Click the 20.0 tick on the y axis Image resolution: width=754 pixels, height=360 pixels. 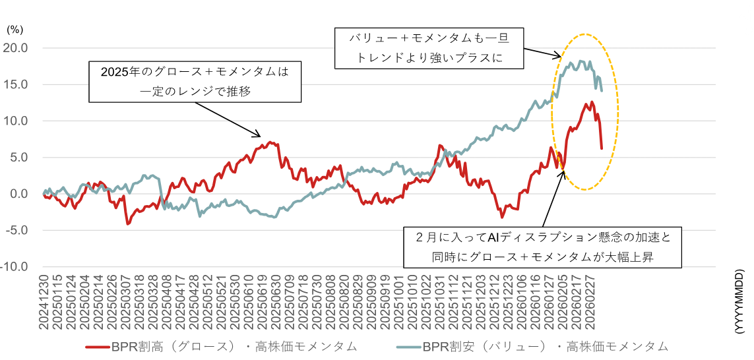[x=16, y=48]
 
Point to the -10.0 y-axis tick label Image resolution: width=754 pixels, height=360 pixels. [x=15, y=267]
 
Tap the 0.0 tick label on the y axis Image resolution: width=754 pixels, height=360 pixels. [x=18, y=194]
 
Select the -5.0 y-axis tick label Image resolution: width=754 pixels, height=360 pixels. [x=16, y=231]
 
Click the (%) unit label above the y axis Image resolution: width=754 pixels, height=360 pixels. [x=14, y=30]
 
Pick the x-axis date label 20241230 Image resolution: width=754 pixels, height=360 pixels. [x=44, y=303]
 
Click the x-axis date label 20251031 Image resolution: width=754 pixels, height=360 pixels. [x=439, y=303]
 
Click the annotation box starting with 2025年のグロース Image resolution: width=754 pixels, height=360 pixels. [x=195, y=81]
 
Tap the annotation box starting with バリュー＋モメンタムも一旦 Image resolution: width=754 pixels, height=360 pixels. [x=429, y=47]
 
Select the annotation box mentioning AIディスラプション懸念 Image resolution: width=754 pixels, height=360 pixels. [x=543, y=247]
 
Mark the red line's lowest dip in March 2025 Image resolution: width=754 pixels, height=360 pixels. [x=128, y=224]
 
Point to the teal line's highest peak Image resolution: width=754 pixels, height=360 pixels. [x=580, y=61]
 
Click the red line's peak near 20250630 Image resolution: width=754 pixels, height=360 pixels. [x=273, y=142]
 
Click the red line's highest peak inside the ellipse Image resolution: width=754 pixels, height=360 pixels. [x=592, y=102]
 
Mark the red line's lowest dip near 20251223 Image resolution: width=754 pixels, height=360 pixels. [x=502, y=217]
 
